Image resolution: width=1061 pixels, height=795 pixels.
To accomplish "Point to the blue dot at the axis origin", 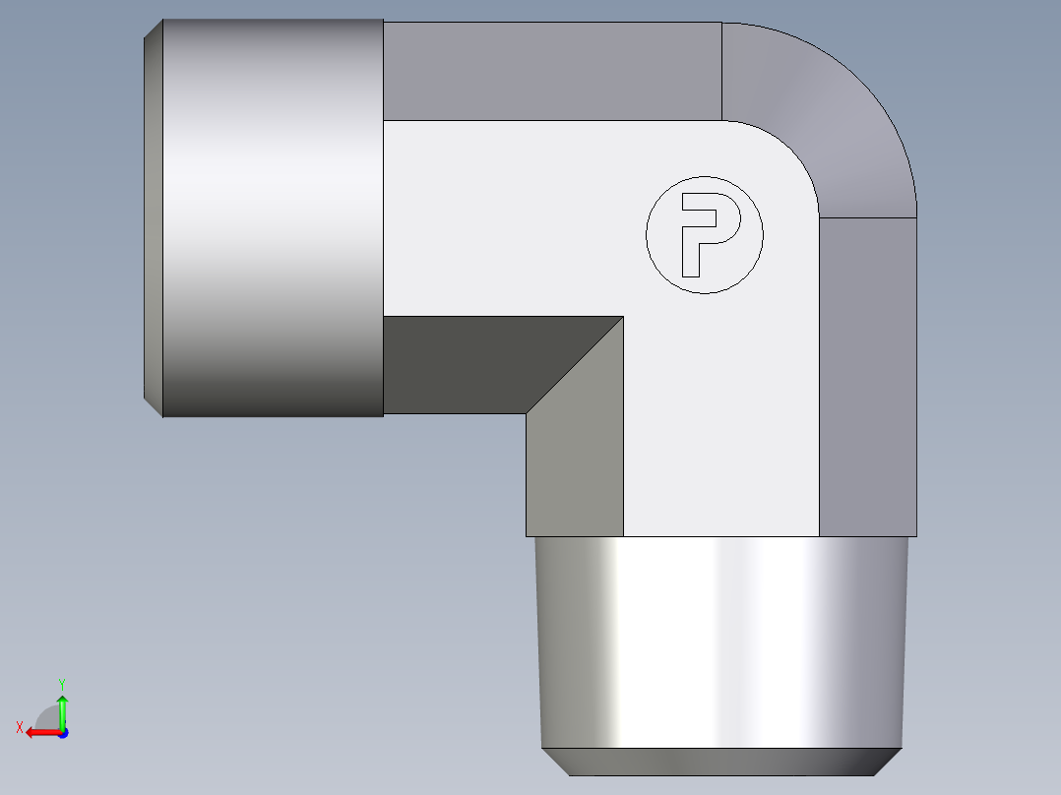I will tap(62, 733).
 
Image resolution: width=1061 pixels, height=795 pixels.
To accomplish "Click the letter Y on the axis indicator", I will tap(61, 682).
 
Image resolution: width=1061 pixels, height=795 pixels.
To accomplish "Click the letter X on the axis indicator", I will tap(19, 727).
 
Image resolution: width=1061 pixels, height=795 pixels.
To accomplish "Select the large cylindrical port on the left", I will tap(272, 217).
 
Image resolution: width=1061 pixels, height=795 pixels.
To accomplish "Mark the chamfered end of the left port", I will tap(153, 217).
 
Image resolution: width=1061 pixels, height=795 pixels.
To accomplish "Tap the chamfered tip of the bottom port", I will tap(720, 762).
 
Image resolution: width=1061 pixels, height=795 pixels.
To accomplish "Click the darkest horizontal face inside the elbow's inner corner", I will tap(472, 364).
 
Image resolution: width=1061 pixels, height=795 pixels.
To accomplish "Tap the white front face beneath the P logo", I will tap(718, 413).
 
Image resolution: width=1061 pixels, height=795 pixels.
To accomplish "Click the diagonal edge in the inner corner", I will tap(575, 365).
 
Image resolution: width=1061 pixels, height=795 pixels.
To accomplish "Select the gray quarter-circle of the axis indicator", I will tap(47, 717).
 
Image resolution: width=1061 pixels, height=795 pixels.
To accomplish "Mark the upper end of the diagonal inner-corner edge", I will tap(623, 317).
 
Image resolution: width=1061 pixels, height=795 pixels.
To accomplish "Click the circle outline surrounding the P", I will tap(705, 176).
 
